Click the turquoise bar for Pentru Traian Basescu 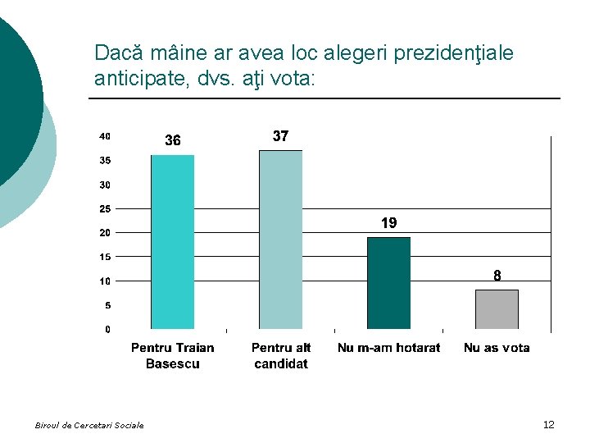tap(172, 242)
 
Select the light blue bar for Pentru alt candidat tap(280, 240)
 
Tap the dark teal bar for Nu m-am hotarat tap(388, 283)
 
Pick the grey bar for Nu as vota tap(497, 309)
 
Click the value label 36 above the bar tap(172, 141)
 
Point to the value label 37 tap(280, 136)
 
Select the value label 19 tap(388, 223)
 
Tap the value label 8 tap(497, 276)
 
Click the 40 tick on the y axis tap(105, 136)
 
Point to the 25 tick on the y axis tap(105, 209)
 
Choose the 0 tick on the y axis tap(107, 330)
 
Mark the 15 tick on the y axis tap(105, 258)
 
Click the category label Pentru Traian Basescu tap(172, 355)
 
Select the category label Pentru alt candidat tap(281, 355)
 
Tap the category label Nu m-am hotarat tap(388, 348)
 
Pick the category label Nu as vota tap(497, 348)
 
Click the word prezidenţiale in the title tap(454, 53)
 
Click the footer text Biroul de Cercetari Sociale tap(89, 425)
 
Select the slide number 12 tap(548, 424)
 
